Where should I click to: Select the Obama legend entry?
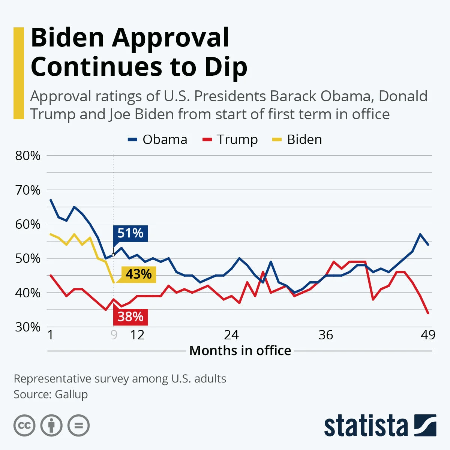[x=157, y=139]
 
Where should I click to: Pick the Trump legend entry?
[x=230, y=139]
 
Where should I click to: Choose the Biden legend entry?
[x=297, y=139]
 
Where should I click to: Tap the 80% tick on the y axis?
[x=28, y=156]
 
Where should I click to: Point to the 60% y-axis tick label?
[x=28, y=224]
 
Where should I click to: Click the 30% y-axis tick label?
[x=28, y=327]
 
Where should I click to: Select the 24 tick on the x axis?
[x=231, y=334]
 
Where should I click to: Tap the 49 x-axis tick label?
[x=428, y=334]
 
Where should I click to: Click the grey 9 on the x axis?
[x=114, y=334]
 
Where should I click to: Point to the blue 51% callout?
[x=130, y=233]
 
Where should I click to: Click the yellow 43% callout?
[x=138, y=274]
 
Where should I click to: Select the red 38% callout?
[x=130, y=317]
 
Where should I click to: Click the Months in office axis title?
[x=240, y=351]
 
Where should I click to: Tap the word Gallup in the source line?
[x=71, y=394]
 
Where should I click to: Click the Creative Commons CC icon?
[x=24, y=426]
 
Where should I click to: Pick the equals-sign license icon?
[x=79, y=426]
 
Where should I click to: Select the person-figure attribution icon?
[x=51, y=426]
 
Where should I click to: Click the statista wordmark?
[x=366, y=426]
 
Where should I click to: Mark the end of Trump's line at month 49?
[x=428, y=313]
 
